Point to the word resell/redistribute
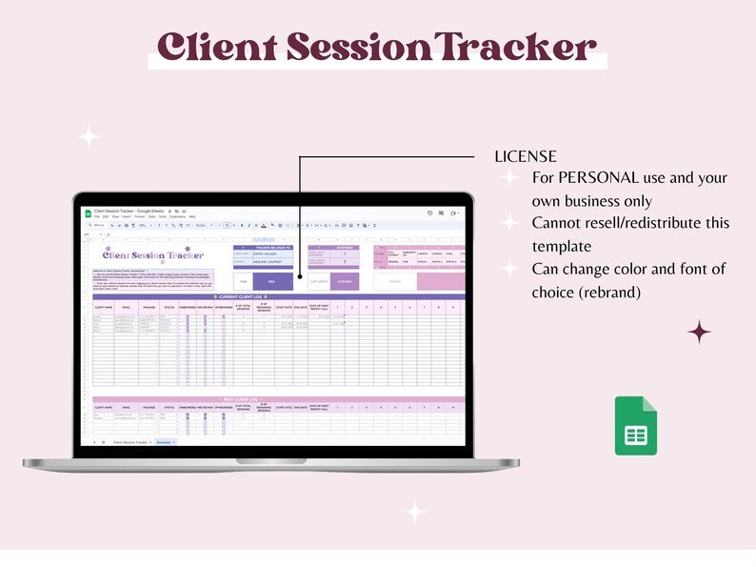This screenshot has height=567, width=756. pos(657,223)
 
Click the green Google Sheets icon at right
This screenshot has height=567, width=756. pos(635,425)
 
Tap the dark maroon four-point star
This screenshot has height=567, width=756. pos(700,332)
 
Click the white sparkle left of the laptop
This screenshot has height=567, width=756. pos(89,136)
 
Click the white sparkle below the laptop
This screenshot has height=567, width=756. pos(415,512)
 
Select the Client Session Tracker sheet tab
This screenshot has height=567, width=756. pos(130,443)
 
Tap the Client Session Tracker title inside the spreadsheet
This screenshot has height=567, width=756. pos(153,254)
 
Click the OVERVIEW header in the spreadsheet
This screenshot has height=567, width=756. pos(344,246)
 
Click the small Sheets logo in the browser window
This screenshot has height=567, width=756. pos(89,212)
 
